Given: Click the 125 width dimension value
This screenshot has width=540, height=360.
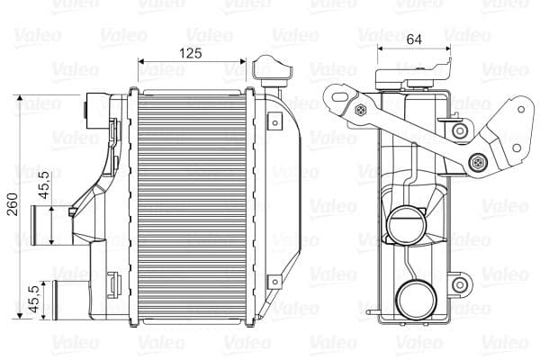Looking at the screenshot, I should (x=190, y=53).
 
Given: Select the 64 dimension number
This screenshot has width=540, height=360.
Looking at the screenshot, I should (x=415, y=39).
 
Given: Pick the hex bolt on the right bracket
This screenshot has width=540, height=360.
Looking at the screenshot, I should (x=477, y=163).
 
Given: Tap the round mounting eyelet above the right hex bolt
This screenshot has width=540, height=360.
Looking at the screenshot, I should (x=461, y=131).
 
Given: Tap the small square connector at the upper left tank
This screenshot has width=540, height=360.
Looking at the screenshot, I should (x=91, y=110).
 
